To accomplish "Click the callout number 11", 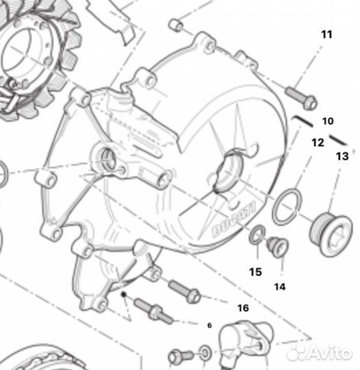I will click(326, 34).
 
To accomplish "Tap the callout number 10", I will click(328, 121).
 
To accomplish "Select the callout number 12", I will click(317, 143).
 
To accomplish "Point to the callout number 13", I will click(342, 156).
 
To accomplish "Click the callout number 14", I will click(279, 286).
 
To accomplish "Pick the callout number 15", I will click(255, 272).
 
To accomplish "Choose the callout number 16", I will click(243, 308).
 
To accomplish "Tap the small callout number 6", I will click(210, 324).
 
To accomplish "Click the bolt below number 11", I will click(298, 97).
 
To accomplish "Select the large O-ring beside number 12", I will click(286, 207).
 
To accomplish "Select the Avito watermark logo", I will click(322, 351).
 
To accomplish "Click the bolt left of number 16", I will click(181, 291).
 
